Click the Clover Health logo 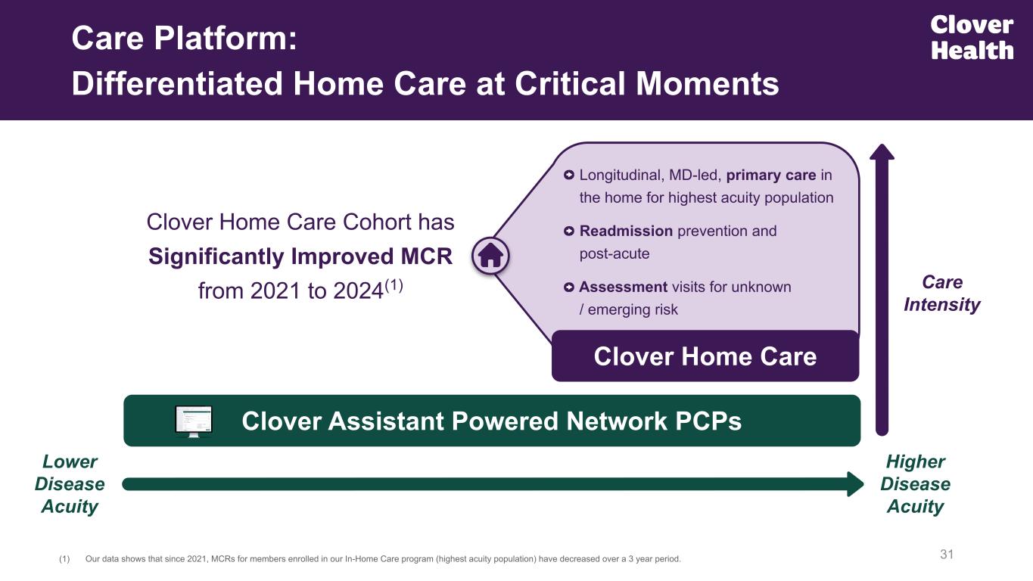[x=972, y=37]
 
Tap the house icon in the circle [x=490, y=256]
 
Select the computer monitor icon [x=194, y=421]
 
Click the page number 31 [x=946, y=554]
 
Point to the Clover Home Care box [x=705, y=356]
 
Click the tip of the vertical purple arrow [x=882, y=144]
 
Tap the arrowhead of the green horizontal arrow [x=855, y=484]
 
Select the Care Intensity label [x=941, y=294]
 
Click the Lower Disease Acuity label [x=70, y=483]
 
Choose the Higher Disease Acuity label [x=916, y=483]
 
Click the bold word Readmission [x=626, y=231]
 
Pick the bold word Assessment [x=623, y=287]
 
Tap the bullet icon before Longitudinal [x=569, y=175]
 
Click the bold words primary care [x=771, y=176]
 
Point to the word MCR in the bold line [x=427, y=256]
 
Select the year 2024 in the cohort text [x=358, y=291]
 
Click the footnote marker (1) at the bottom [x=64, y=559]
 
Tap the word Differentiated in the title [x=177, y=84]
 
